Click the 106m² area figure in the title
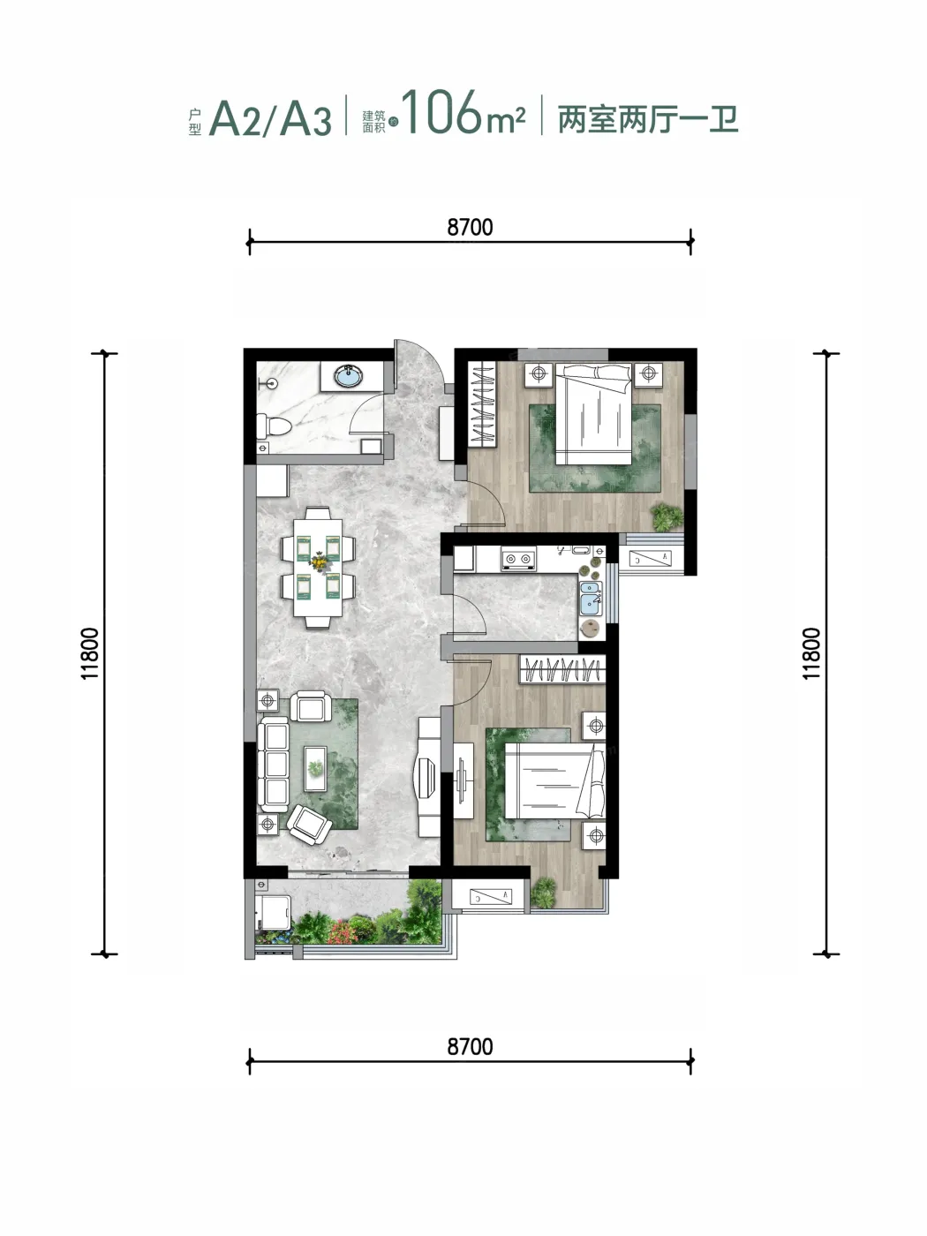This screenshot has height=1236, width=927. click(463, 113)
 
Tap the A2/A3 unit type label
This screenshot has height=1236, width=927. click(270, 118)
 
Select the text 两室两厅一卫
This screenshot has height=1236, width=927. click(648, 119)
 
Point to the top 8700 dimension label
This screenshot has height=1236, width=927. click(470, 227)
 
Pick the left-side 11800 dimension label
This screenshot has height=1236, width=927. click(90, 654)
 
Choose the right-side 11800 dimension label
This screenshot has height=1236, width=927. click(811, 654)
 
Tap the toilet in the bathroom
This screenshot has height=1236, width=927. click(273, 426)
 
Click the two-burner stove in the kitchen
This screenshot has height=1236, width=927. click(518, 559)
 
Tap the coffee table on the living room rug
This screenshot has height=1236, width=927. click(315, 769)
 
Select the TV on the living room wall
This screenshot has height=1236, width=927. click(425, 777)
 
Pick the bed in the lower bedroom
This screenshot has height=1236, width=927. click(555, 780)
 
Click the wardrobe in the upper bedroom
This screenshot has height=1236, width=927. click(482, 403)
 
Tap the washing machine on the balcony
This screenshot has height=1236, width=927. click(273, 913)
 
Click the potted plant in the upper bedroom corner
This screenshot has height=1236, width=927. click(667, 516)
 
